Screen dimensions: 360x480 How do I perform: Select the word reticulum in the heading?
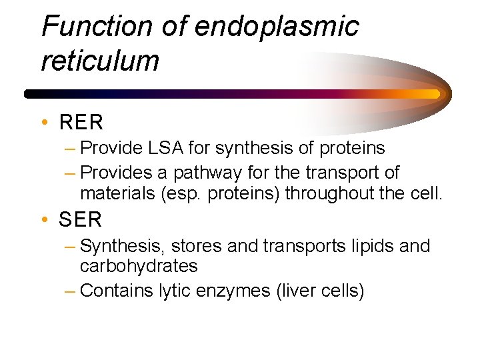100,61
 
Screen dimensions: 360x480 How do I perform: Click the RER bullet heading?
81,123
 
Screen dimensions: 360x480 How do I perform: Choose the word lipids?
372,246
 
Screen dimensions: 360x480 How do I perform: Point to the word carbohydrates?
139,266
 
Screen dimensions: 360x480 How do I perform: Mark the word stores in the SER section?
195,246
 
